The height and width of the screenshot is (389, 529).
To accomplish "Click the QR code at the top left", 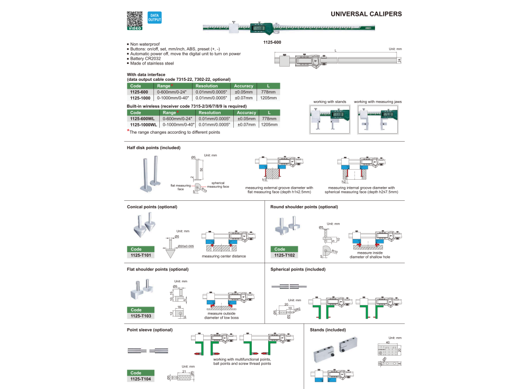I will click(x=135, y=20).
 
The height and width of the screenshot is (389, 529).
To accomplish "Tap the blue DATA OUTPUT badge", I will click(x=154, y=17).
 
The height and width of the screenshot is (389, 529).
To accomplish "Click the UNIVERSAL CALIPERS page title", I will click(x=366, y=14).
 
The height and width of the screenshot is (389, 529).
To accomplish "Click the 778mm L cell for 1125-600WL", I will click(x=269, y=119).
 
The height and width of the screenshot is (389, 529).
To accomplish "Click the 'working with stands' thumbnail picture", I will click(x=330, y=120).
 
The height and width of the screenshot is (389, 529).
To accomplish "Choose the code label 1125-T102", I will click(x=284, y=255).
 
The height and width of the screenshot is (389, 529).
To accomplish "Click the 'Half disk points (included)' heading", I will click(x=153, y=148).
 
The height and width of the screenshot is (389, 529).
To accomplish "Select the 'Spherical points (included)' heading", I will click(x=298, y=269).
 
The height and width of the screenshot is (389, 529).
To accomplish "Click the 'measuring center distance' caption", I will click(x=223, y=256).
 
